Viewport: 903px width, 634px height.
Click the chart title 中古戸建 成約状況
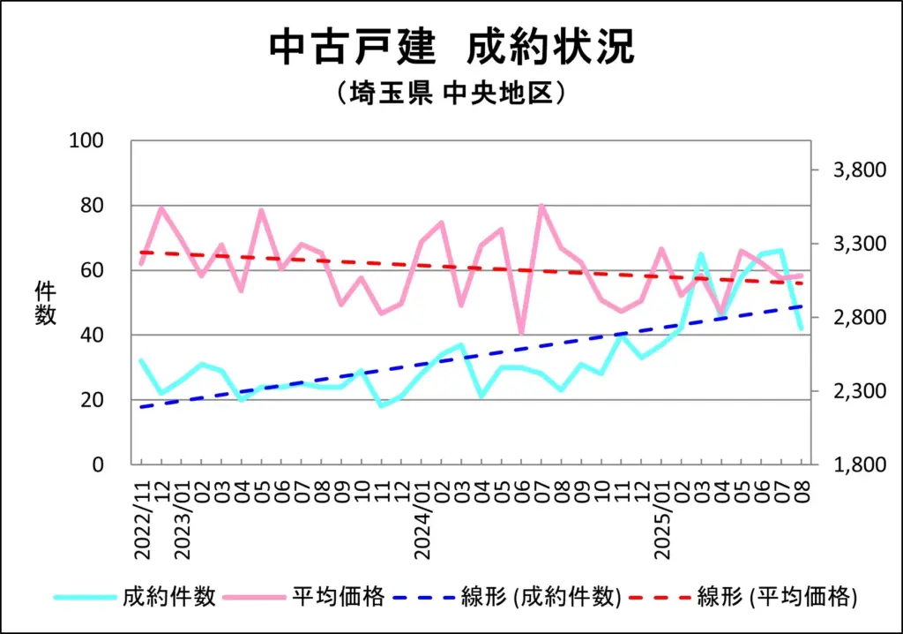tap(451, 46)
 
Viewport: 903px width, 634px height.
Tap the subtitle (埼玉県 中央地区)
tap(451, 93)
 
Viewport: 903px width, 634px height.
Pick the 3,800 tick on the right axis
tap(858, 170)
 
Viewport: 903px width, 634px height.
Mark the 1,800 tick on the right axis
tap(858, 464)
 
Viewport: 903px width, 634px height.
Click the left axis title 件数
tap(46, 302)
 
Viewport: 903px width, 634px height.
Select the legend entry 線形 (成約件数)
tap(541, 597)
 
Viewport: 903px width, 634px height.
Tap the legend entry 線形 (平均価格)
tap(777, 597)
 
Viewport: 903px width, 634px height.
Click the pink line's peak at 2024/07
tap(541, 206)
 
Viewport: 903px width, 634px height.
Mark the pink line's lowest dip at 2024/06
tap(521, 332)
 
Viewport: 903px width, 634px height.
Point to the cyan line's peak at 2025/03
tap(701, 254)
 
